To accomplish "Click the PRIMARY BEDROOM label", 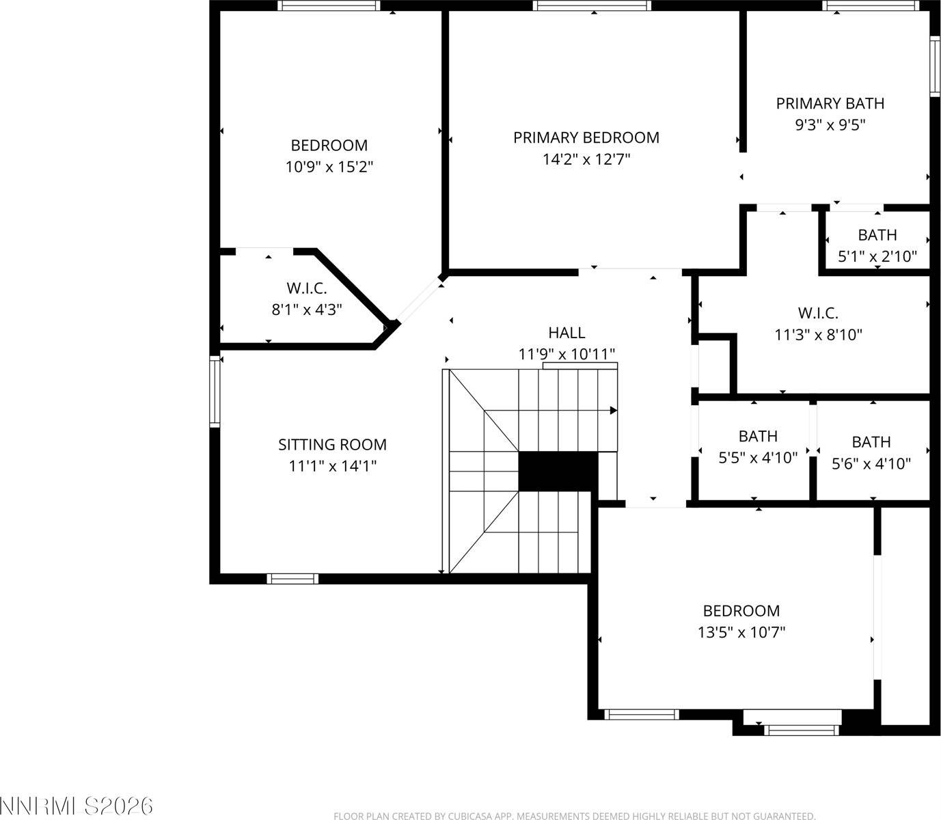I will point(586,137).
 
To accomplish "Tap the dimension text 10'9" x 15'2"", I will point(329,167).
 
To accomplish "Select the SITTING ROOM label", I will point(332,444).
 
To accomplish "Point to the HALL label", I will point(567,332).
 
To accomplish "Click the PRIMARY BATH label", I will point(830,103).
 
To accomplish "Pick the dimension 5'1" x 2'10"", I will point(877,257).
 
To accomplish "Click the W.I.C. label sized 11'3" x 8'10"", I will point(818,313).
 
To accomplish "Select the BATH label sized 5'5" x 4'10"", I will point(758,436).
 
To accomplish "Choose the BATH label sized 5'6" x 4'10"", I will point(871,442).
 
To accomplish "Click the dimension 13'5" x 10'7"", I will point(741,632).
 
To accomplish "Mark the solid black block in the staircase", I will point(558,471).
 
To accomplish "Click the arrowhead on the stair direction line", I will point(613,411).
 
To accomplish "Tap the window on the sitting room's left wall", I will point(215,392).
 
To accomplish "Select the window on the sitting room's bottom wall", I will point(292,579).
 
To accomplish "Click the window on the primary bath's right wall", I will point(934,65).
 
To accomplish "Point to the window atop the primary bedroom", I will point(592,6).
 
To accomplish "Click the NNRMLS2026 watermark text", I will point(77,805).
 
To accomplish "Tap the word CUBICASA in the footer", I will point(472,816).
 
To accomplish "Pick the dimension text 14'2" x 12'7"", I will point(586,159).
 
